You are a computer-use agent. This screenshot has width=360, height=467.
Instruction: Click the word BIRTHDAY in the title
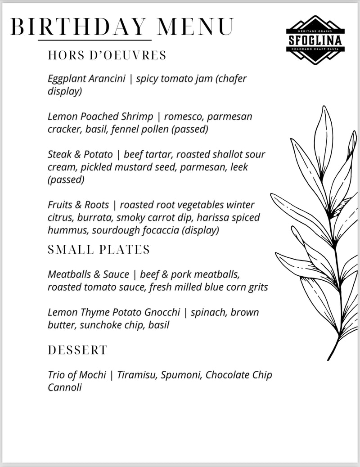point(79,27)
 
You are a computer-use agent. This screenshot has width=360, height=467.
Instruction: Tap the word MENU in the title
point(195,27)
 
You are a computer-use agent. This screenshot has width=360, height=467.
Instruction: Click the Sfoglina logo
point(315,40)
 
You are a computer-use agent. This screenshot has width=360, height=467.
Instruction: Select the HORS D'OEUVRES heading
point(107,55)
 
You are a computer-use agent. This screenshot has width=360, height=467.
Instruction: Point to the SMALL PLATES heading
point(99,250)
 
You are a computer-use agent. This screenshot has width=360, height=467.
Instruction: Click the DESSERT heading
point(77,350)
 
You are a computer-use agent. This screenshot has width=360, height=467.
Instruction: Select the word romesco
point(185,117)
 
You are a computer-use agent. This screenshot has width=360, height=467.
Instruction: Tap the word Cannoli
point(64,387)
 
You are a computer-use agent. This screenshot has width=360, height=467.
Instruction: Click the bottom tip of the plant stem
point(328,360)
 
